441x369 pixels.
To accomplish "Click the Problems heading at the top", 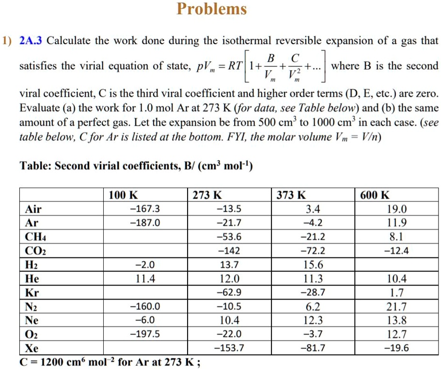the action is (x=212, y=9).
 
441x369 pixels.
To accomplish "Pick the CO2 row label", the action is (x=35, y=251).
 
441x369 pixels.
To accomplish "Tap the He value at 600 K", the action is (x=397, y=279).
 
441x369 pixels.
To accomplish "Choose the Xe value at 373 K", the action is (x=313, y=348).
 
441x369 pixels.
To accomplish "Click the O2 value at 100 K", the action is (x=144, y=334).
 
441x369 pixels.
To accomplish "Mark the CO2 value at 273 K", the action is (x=229, y=251).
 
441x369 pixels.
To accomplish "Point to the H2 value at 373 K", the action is (x=313, y=265).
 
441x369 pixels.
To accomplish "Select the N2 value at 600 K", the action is (x=397, y=306).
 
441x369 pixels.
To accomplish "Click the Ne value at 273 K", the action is (x=229, y=320).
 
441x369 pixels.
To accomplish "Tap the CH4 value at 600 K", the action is (x=397, y=237).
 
